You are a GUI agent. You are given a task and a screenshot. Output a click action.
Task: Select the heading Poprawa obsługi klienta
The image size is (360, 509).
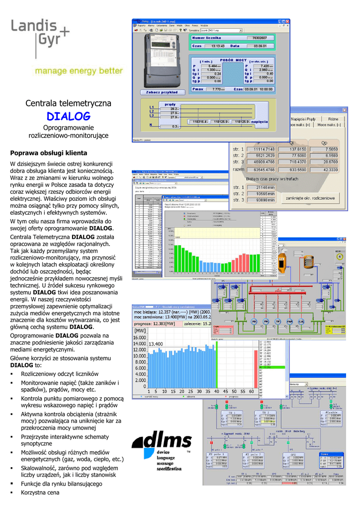(49, 153)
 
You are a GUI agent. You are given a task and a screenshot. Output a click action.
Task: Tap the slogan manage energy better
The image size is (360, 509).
(78, 71)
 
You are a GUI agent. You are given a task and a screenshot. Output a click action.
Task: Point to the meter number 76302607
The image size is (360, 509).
(260, 38)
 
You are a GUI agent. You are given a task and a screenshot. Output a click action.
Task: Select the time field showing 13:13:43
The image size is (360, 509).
(218, 46)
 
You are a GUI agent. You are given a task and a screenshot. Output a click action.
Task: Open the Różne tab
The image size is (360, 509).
(333, 119)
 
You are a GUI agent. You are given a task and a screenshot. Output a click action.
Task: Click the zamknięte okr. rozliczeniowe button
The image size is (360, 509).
(309, 198)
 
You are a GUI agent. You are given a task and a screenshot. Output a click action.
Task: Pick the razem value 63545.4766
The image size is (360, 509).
(261, 170)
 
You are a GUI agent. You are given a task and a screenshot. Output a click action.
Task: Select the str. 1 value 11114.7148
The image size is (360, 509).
(261, 149)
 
